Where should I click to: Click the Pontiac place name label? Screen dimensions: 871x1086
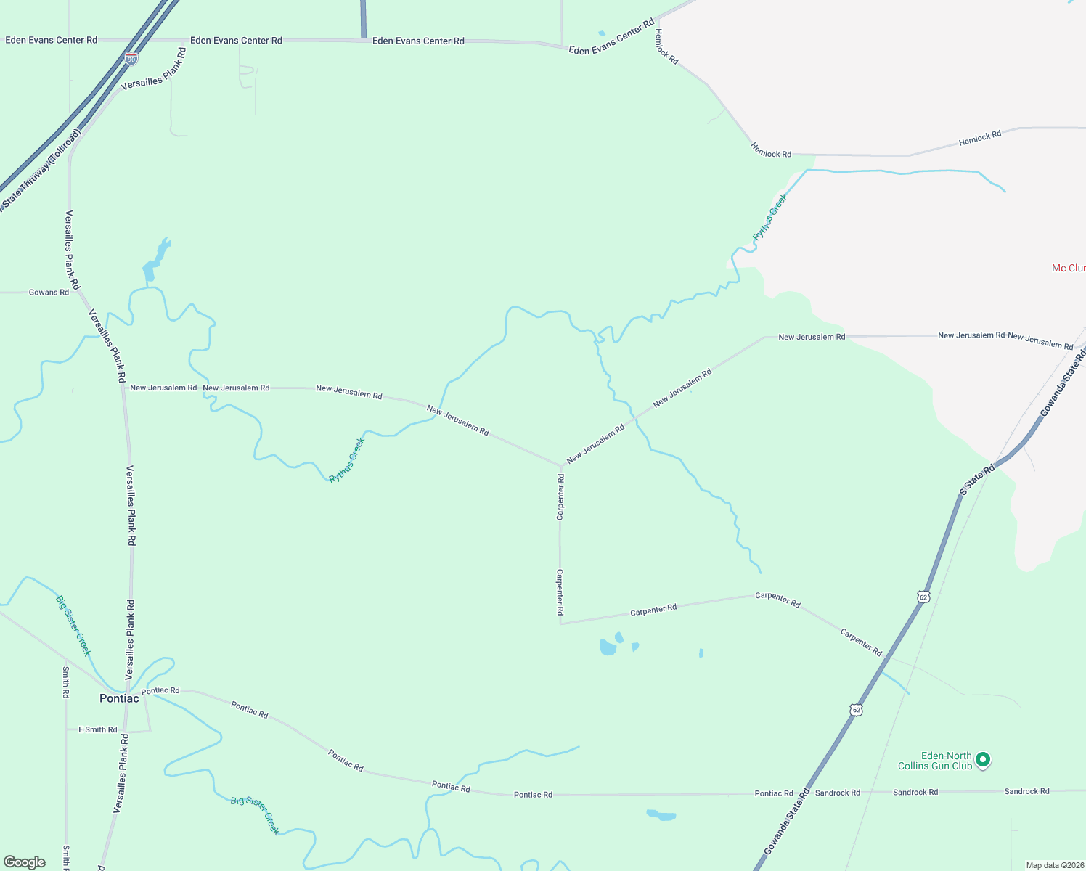(119, 698)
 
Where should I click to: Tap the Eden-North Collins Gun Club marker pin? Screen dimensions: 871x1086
(983, 760)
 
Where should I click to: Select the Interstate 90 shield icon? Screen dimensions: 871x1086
(131, 59)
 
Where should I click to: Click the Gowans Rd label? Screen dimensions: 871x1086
(49, 293)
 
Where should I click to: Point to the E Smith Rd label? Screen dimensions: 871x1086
(98, 729)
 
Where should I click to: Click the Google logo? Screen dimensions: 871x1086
(24, 862)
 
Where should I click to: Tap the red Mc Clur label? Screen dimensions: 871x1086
(1069, 269)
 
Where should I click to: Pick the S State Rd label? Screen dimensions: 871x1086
(976, 481)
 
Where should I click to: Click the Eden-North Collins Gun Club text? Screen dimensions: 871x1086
(935, 761)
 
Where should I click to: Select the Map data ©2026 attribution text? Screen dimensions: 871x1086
(1054, 865)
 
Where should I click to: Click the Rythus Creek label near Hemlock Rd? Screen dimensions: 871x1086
(770, 217)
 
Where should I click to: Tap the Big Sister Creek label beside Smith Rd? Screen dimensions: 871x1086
(73, 626)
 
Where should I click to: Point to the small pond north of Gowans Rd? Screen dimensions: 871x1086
(154, 261)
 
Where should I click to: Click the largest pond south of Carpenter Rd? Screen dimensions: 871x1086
(608, 647)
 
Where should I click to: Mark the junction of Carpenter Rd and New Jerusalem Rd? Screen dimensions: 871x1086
(560, 466)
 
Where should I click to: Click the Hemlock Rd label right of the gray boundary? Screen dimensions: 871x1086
(980, 137)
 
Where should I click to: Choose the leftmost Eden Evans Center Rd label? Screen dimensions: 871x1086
(51, 40)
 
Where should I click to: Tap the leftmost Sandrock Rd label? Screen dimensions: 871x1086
(837, 793)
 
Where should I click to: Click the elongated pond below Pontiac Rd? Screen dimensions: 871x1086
(661, 815)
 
